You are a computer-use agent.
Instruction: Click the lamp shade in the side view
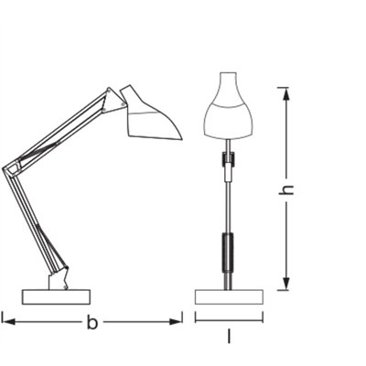coord(150,113)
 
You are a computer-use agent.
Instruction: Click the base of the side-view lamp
coord(58,296)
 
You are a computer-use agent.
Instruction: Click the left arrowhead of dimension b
coord(6,320)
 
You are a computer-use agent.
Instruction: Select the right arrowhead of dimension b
coord(178,320)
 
